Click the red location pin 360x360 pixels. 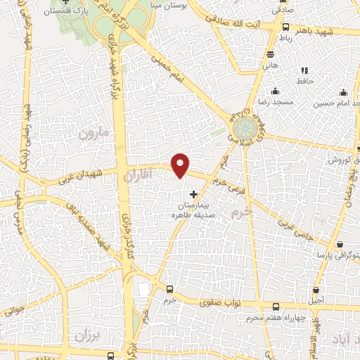coord(181,165)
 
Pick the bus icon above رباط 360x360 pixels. coord(285,27)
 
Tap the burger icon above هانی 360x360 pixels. coord(271,55)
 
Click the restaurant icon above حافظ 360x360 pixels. coord(304,70)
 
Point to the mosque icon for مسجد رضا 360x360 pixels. coord(275,91)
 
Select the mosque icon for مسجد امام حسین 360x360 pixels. coord(343,92)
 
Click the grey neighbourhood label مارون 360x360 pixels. coord(96,131)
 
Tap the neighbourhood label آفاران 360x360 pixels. coord(137,175)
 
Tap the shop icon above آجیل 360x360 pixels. coord(317,290)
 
